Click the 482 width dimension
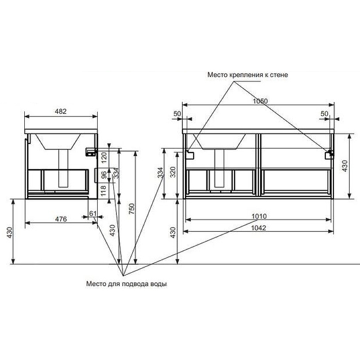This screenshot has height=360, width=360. tap(61, 111)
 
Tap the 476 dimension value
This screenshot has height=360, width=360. tap(61, 219)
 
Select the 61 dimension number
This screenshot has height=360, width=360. tap(93, 213)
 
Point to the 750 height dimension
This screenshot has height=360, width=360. tap(131, 209)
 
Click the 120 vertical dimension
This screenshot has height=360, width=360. tap(104, 157)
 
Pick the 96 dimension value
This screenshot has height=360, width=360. tap(104, 175)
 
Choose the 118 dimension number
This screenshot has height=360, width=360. tap(103, 190)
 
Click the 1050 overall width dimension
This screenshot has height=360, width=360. tap(260, 101)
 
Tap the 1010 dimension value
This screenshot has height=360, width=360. tap(259, 216)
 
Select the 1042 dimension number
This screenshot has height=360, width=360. tap(259, 228)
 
